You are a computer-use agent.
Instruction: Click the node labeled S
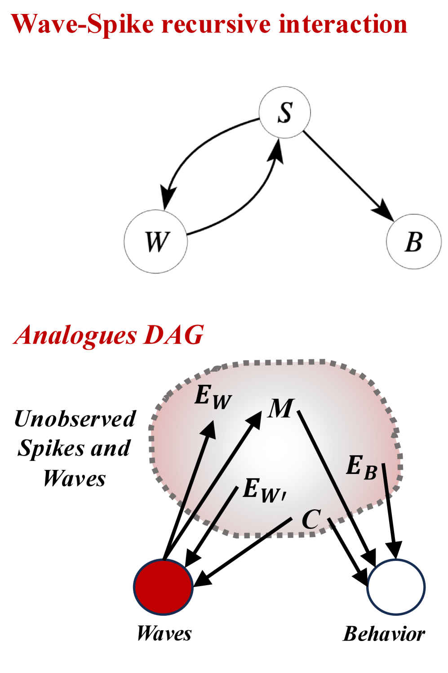(x=285, y=112)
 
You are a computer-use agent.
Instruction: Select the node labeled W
(x=155, y=241)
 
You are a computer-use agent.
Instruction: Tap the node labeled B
(x=413, y=241)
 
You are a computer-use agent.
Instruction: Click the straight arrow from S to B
(x=346, y=173)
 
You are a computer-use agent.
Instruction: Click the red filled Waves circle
(x=164, y=587)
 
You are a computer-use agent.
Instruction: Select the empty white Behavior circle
(x=396, y=587)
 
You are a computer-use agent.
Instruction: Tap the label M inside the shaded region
(x=281, y=409)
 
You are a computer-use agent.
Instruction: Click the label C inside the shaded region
(x=311, y=519)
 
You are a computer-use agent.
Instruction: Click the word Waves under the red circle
(x=164, y=633)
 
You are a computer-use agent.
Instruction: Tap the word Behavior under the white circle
(x=384, y=634)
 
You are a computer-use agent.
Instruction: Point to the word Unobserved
(x=75, y=419)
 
